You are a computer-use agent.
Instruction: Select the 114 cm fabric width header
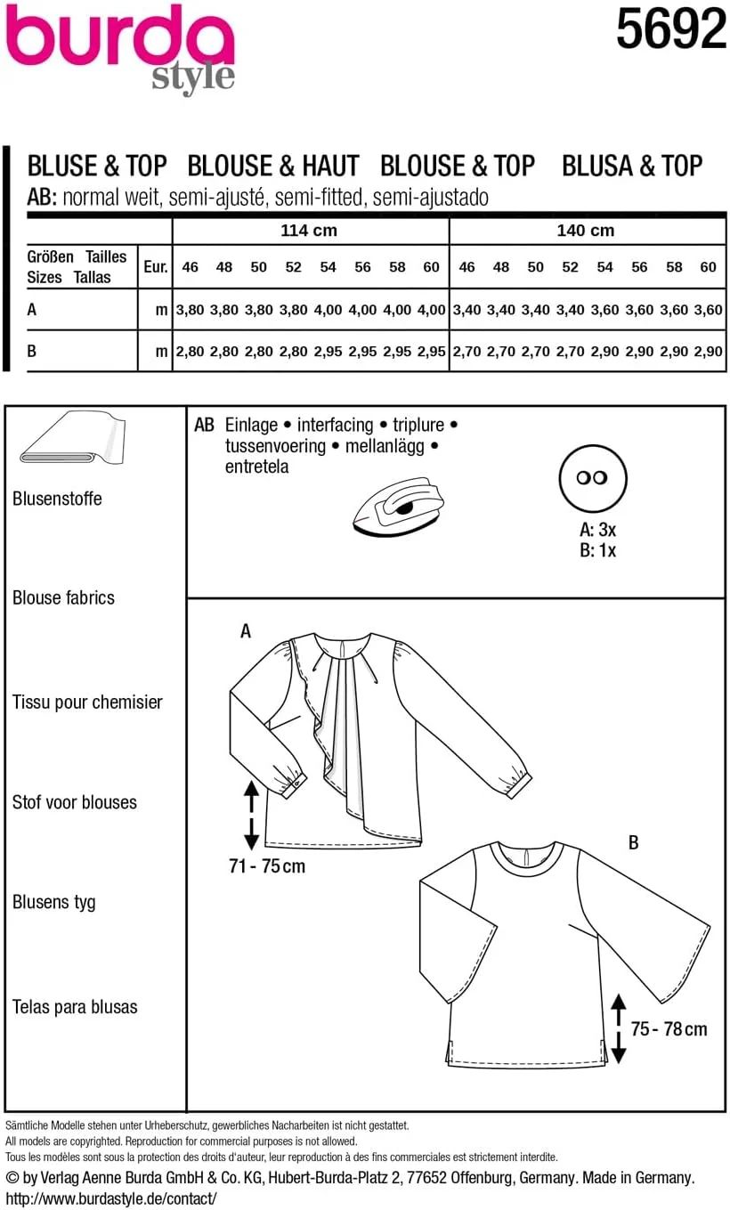pyautogui.click(x=309, y=231)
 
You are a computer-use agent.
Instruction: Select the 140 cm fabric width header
pyautogui.click(x=585, y=231)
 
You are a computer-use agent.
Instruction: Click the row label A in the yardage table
pyautogui.click(x=32, y=311)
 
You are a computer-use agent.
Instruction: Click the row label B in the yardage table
pyautogui.click(x=32, y=352)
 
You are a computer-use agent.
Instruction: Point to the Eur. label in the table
pyautogui.click(x=155, y=266)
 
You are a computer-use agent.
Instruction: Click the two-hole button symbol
pyautogui.click(x=593, y=477)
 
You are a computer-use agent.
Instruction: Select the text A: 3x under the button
pyautogui.click(x=597, y=530)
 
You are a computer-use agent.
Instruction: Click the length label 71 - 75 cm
pyautogui.click(x=266, y=865)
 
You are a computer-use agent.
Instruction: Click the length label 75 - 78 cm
pyautogui.click(x=669, y=1029)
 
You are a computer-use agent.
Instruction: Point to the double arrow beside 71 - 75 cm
pyautogui.click(x=250, y=814)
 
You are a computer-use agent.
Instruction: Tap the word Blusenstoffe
pyautogui.click(x=57, y=499)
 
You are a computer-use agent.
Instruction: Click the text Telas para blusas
pyautogui.click(x=75, y=1007)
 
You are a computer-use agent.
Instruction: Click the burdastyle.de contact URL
pyautogui.click(x=110, y=1198)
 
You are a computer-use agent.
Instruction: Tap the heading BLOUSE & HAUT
pyautogui.click(x=273, y=166)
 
